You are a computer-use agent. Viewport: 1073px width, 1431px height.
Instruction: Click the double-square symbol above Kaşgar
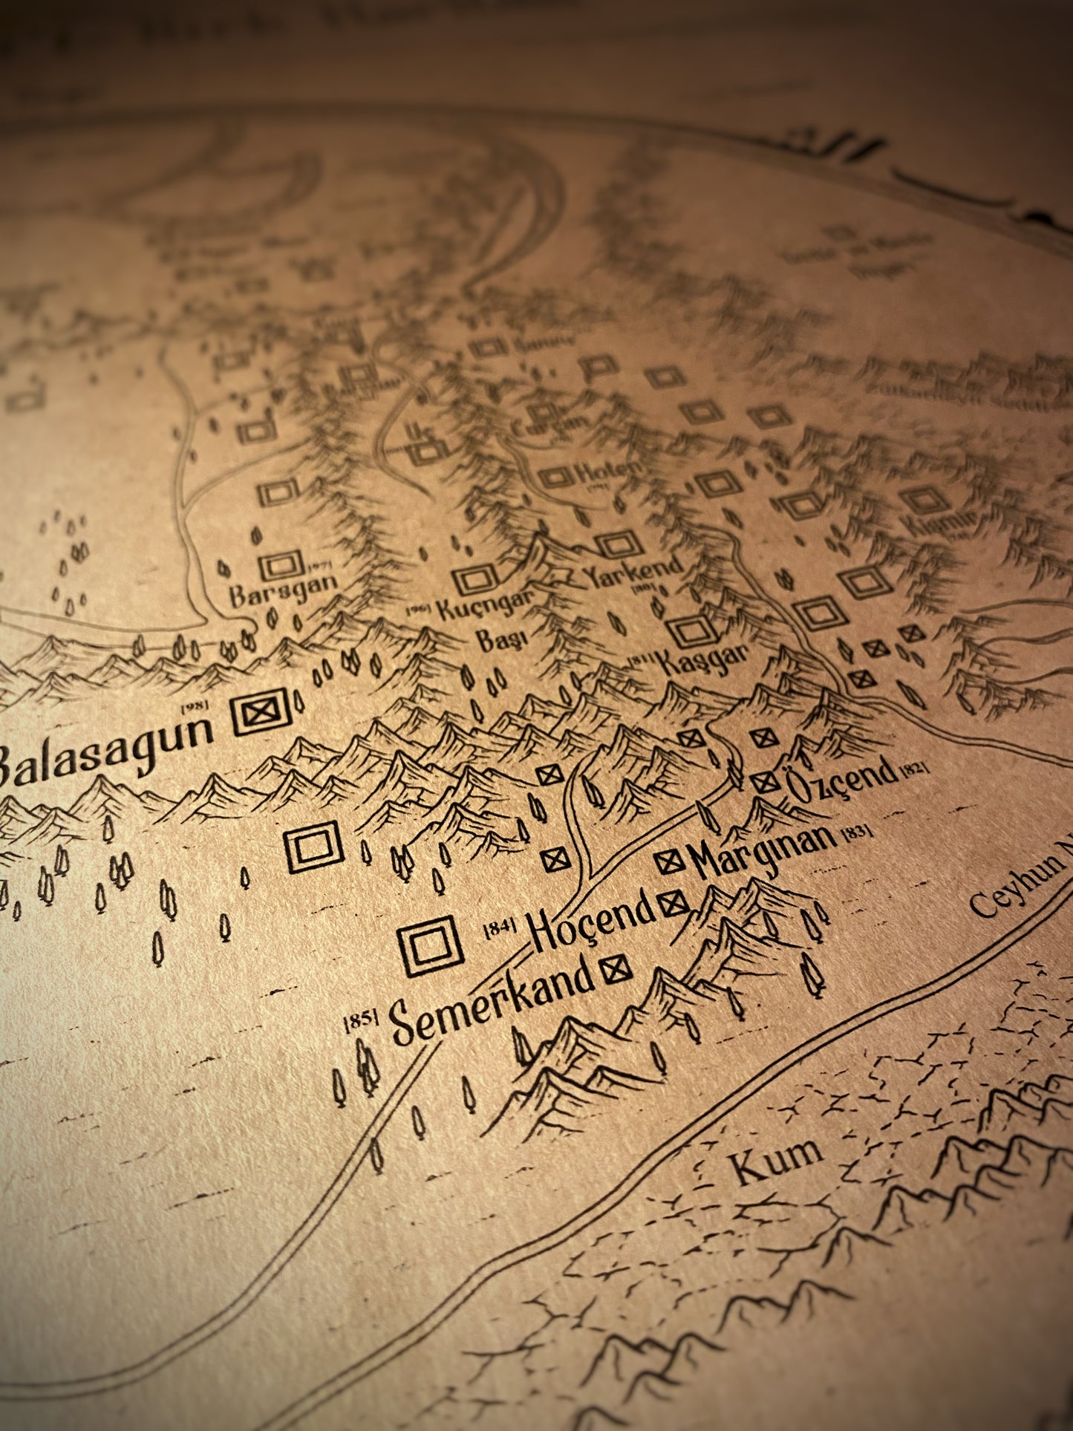click(x=691, y=631)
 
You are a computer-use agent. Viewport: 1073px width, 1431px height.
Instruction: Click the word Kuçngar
click(x=486, y=605)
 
